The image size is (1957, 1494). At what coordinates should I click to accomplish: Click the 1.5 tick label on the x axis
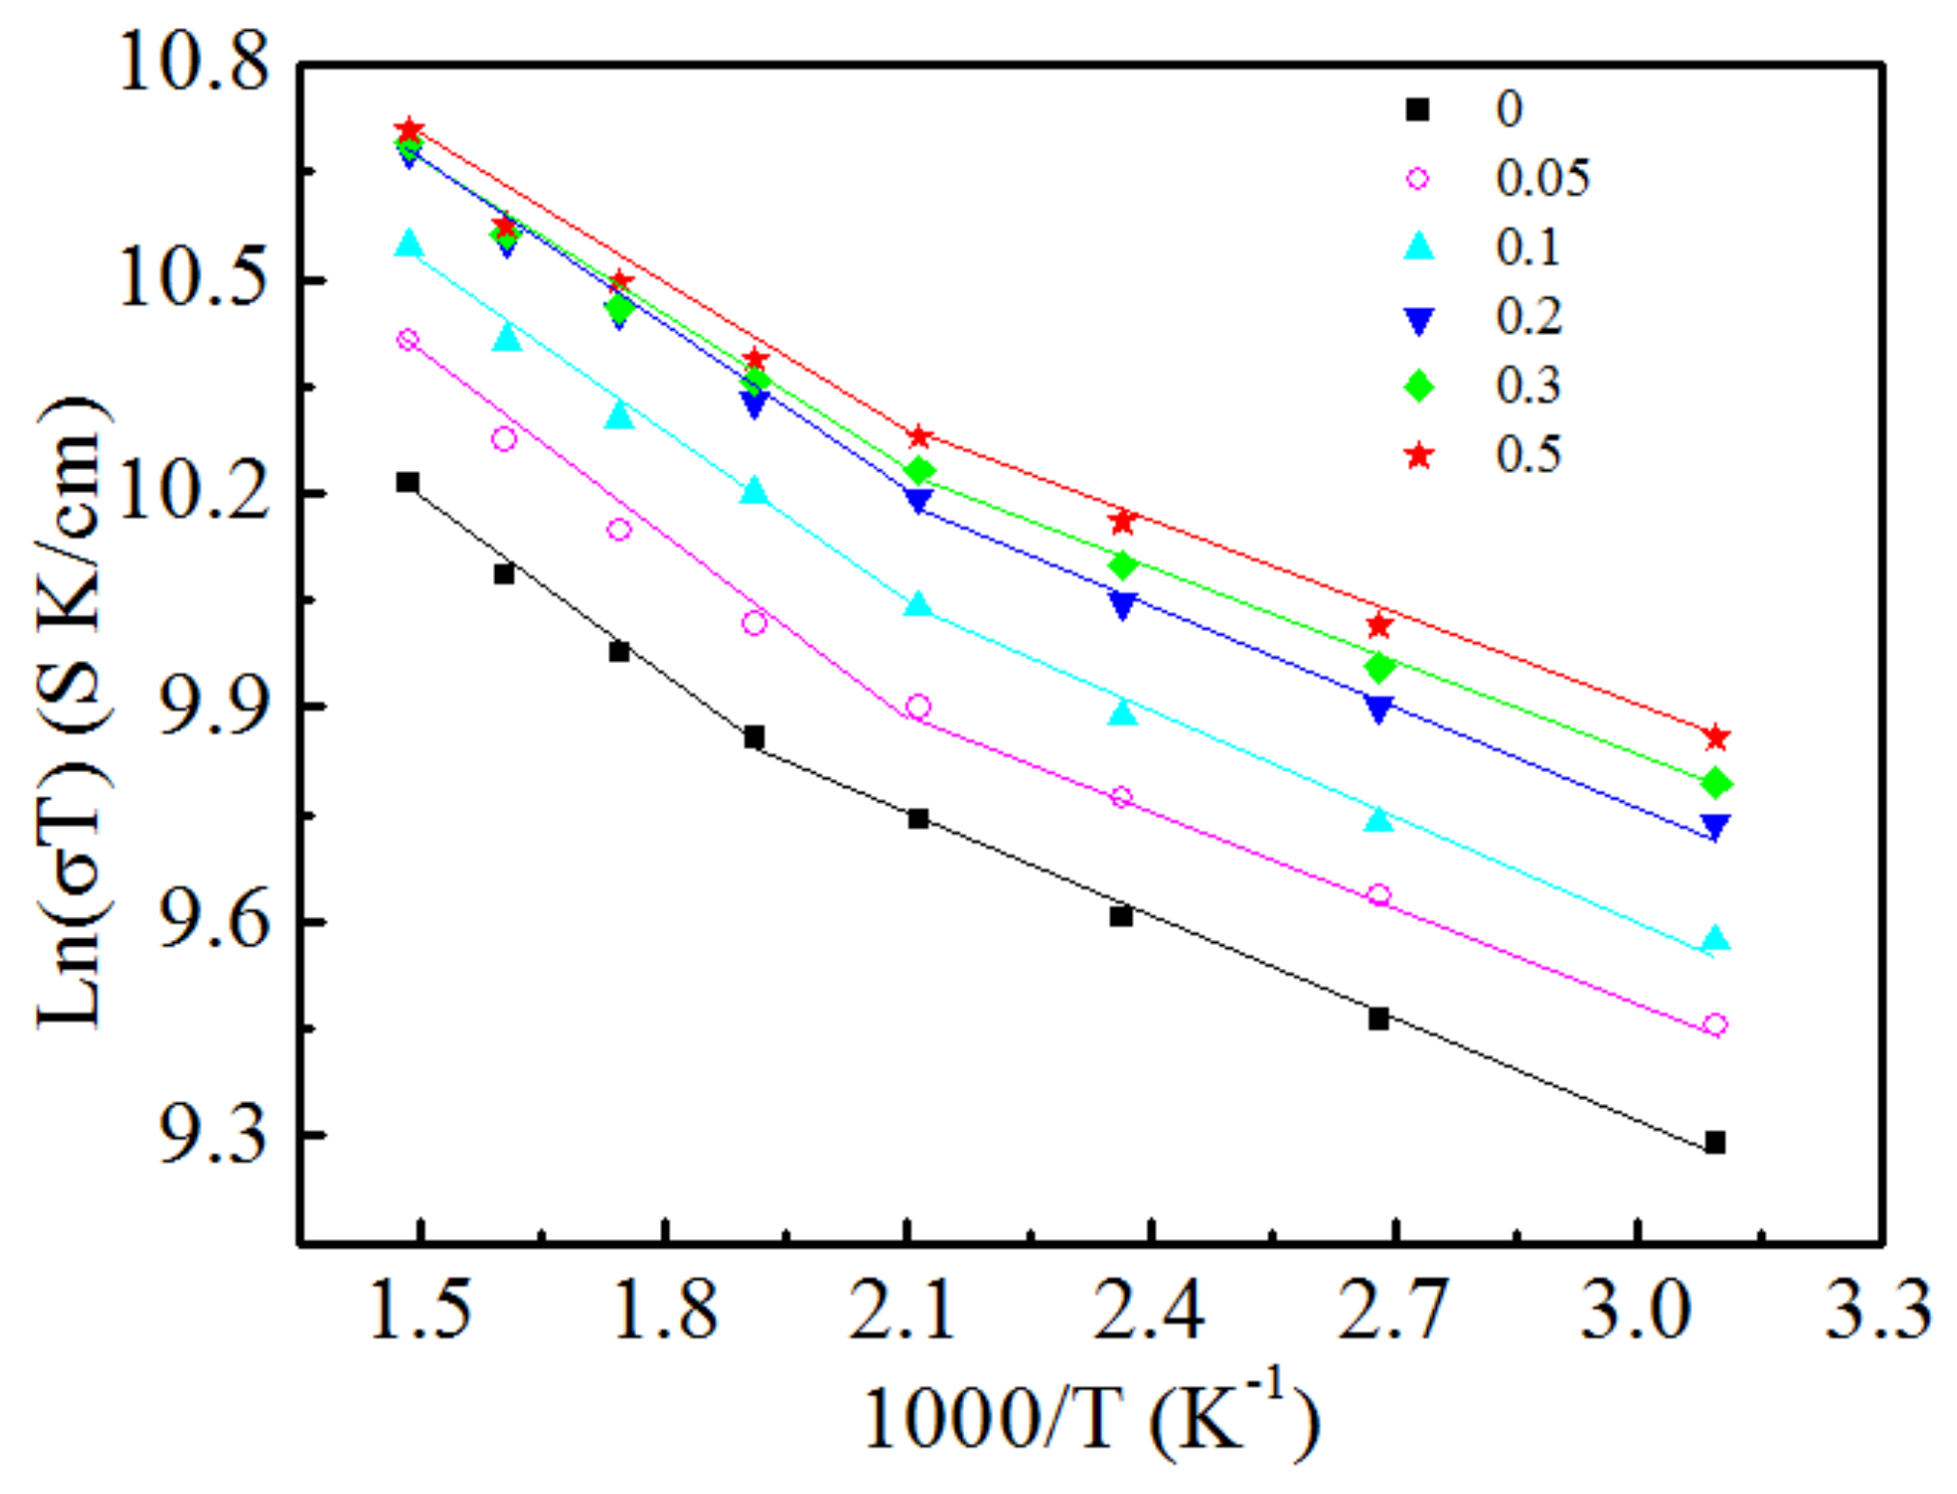click(421, 1310)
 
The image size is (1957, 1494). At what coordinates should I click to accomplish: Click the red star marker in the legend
click(1418, 455)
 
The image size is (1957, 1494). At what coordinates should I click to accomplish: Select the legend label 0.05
click(1542, 179)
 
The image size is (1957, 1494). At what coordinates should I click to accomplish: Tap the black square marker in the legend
click(1418, 109)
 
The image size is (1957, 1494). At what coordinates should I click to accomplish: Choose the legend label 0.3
click(1529, 386)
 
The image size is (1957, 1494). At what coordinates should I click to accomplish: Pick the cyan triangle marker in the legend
click(1418, 248)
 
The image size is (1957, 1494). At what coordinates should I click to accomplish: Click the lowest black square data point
click(1715, 1143)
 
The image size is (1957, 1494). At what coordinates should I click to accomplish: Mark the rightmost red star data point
click(1716, 738)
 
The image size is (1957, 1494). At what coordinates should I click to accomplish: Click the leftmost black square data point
click(407, 482)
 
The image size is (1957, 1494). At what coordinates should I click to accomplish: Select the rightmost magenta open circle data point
click(1715, 1025)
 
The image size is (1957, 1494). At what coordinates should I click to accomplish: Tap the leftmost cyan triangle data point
click(409, 243)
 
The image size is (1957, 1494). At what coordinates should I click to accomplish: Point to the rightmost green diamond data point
click(1716, 783)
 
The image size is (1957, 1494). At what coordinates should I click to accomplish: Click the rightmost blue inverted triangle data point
click(1716, 826)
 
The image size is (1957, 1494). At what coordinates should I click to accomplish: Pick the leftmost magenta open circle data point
click(408, 340)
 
